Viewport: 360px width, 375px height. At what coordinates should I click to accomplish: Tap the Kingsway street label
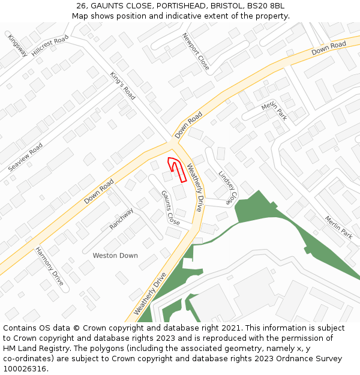pyautogui.click(x=17, y=45)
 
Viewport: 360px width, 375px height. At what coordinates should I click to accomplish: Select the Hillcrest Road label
pyautogui.click(x=50, y=46)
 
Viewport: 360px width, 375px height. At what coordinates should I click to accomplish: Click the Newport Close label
pyautogui.click(x=196, y=51)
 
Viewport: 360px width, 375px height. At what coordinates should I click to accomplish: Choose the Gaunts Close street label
pyautogui.click(x=170, y=208)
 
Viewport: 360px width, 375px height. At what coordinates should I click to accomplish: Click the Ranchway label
pyautogui.click(x=121, y=219)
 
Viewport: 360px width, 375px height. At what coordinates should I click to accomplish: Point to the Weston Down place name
pyautogui.click(x=115, y=256)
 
